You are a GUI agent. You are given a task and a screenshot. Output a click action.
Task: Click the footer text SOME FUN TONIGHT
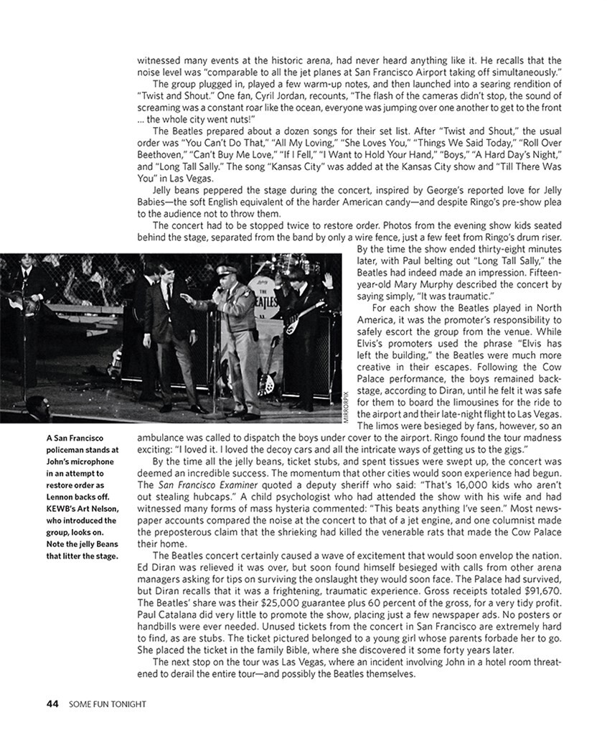pyautogui.click(x=108, y=704)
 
